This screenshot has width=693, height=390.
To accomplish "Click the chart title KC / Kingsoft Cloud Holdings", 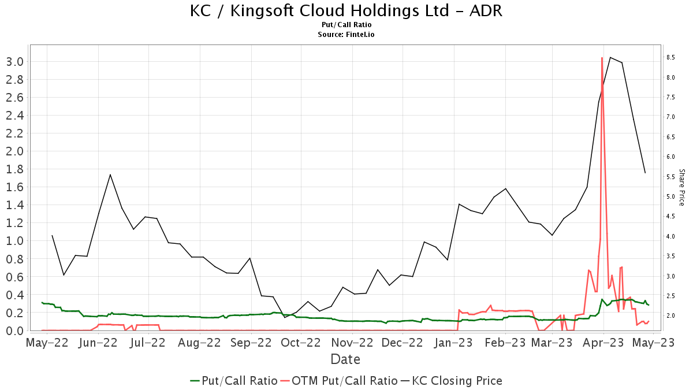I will pos(346,11).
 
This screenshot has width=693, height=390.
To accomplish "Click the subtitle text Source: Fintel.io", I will pos(346,35).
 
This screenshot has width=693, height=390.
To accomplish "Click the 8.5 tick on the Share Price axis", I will pos(670,57).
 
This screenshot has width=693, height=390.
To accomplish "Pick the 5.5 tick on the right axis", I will pos(670,177).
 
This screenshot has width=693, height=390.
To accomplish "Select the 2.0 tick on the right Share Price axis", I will pos(670,316).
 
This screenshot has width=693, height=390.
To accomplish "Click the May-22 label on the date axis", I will pos(47,343).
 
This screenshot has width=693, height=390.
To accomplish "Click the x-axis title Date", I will pos(345,359).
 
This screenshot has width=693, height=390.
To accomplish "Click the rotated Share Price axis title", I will pos(681,187).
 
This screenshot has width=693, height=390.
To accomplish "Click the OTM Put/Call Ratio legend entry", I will pos(339,381).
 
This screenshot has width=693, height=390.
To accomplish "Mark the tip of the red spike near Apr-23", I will pos(602,58).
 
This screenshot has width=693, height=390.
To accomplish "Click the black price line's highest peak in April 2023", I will pos(610,57).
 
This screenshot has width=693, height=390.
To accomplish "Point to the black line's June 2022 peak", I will pos(110,174).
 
